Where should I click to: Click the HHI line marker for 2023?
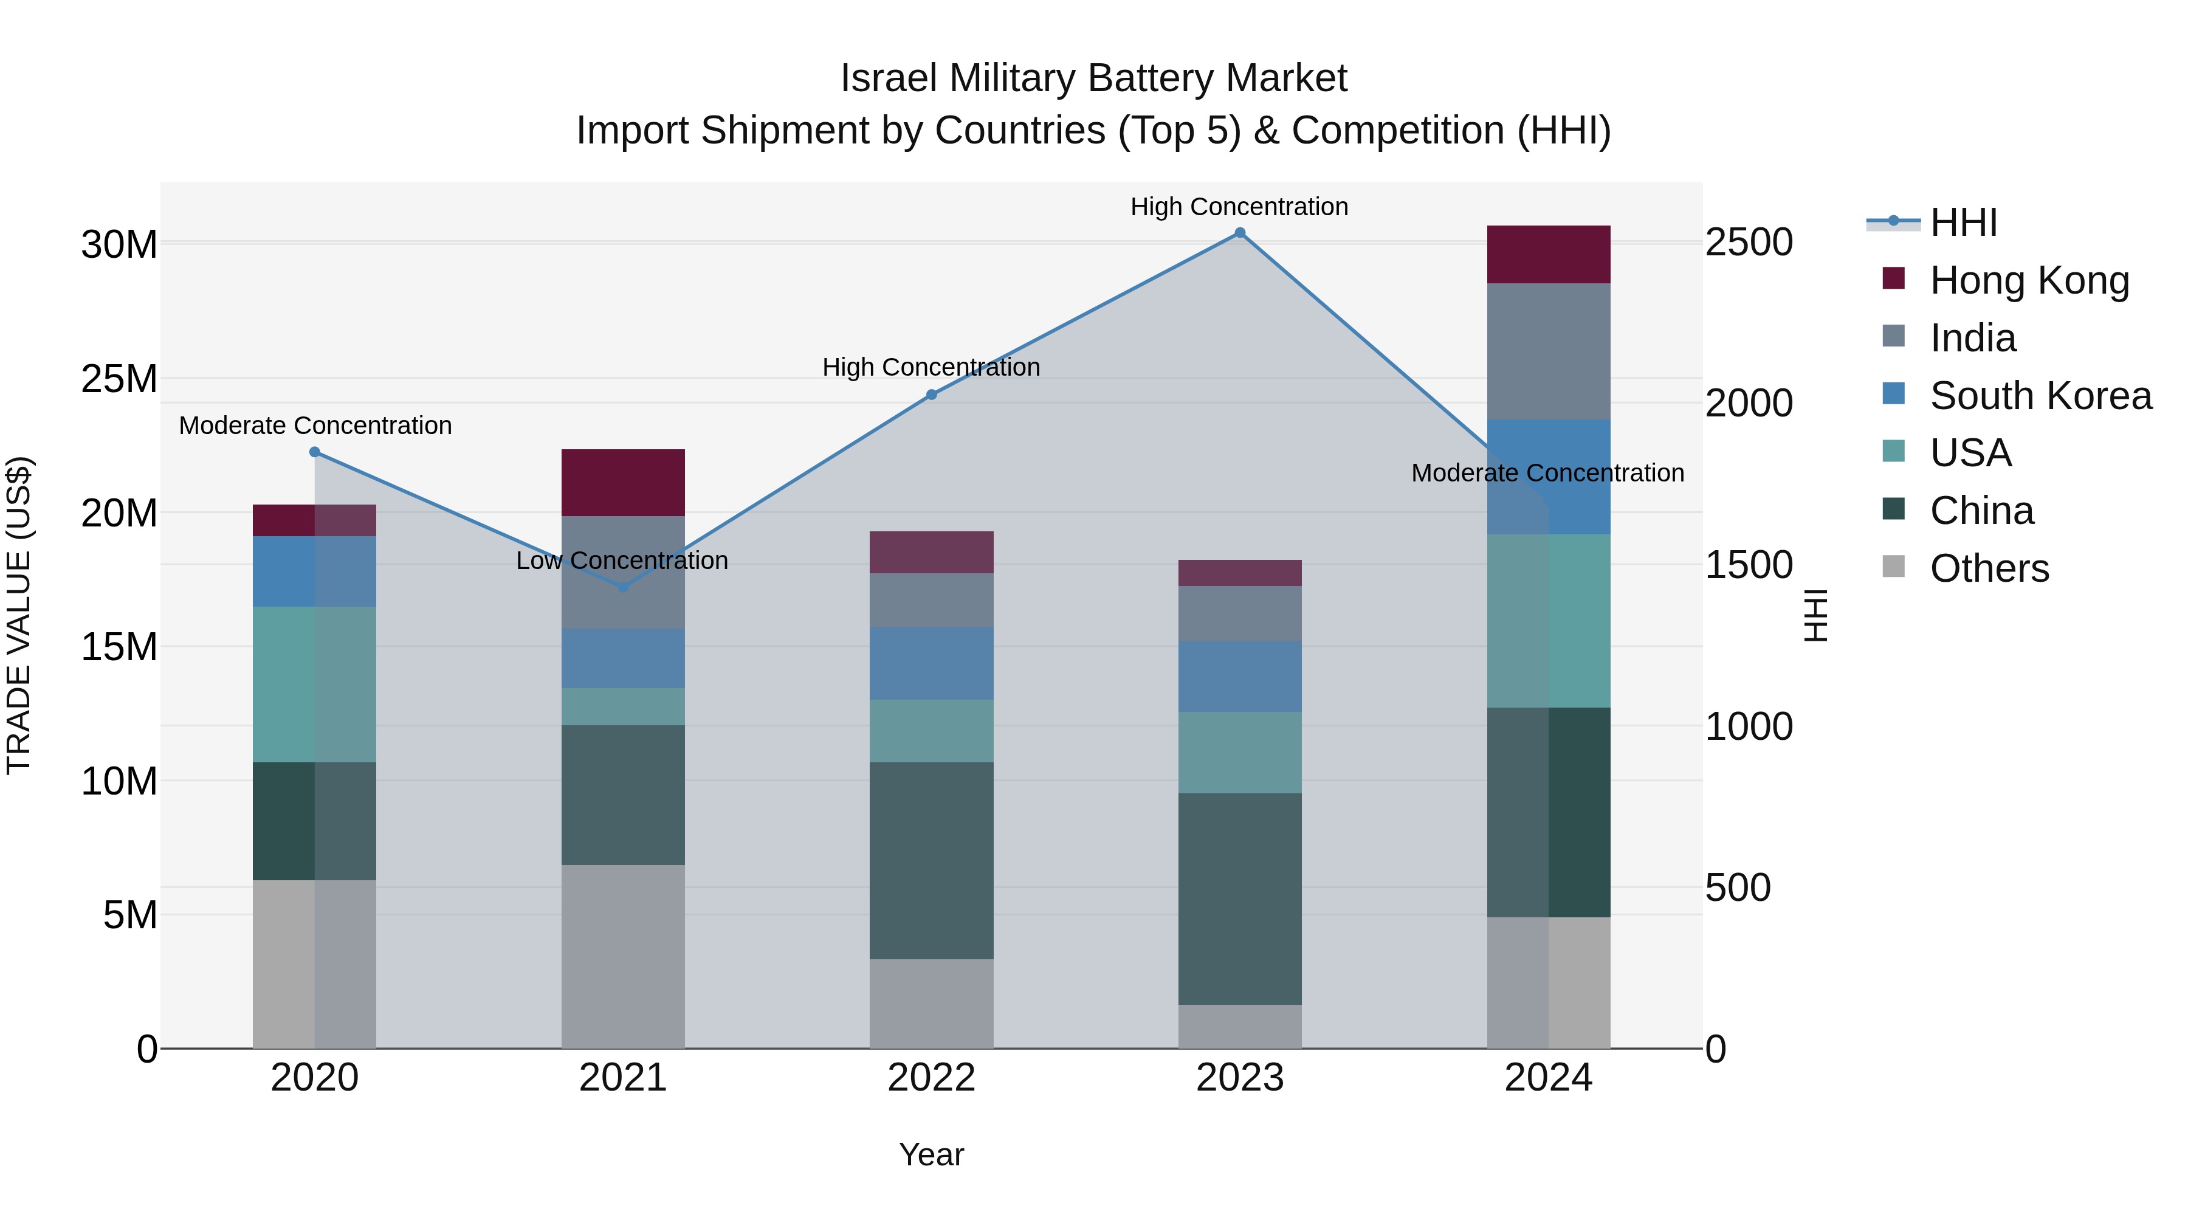pyautogui.click(x=1239, y=233)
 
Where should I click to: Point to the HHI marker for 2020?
pyautogui.click(x=314, y=452)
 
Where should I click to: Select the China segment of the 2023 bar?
pyautogui.click(x=1239, y=899)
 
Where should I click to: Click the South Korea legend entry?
pyautogui.click(x=2040, y=396)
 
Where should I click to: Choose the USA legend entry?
pyautogui.click(x=1970, y=453)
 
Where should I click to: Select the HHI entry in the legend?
pyautogui.click(x=1963, y=222)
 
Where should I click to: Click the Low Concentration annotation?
pyautogui.click(x=622, y=560)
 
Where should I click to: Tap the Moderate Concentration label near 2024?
pyautogui.click(x=1547, y=473)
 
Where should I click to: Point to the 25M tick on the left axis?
pyautogui.click(x=119, y=379)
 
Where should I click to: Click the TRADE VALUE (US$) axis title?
pyautogui.click(x=19, y=615)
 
